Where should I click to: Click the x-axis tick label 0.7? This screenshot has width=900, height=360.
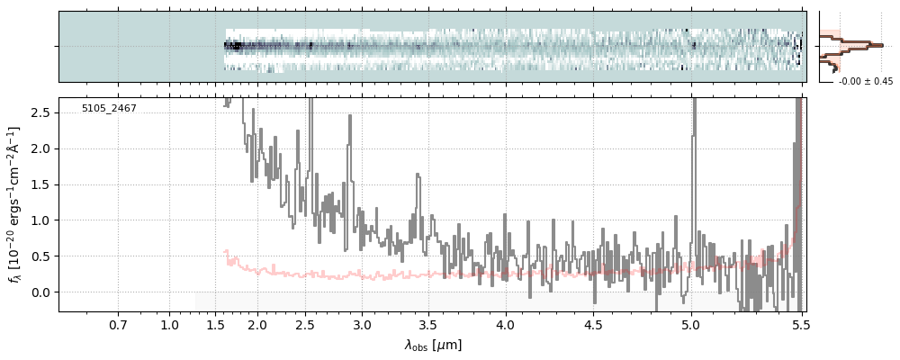pyautogui.click(x=118, y=324)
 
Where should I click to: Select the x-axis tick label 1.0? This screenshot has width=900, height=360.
pyautogui.click(x=170, y=324)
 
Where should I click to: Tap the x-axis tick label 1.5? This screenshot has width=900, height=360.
pyautogui.click(x=215, y=324)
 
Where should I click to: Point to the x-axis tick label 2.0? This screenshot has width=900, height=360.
pyautogui.click(x=257, y=324)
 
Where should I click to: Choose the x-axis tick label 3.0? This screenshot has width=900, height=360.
pyautogui.click(x=362, y=324)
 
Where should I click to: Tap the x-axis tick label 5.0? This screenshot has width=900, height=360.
pyautogui.click(x=690, y=324)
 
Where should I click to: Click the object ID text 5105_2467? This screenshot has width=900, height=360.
pyautogui.click(x=109, y=109)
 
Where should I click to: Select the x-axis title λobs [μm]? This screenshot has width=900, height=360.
pyautogui.click(x=433, y=345)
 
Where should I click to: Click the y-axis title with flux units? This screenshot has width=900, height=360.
pyautogui.click(x=15, y=205)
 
